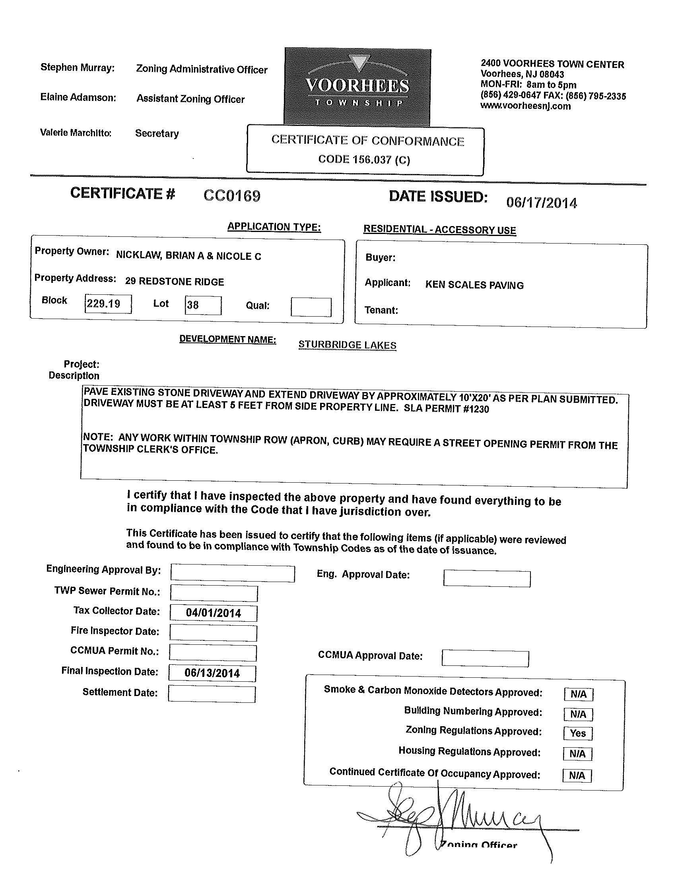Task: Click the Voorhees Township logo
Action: tap(357, 87)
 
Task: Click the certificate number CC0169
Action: tap(232, 196)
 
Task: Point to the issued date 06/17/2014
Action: tap(542, 203)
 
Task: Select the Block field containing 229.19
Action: tap(108, 304)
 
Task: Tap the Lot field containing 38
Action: tap(203, 306)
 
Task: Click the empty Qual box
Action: tap(311, 307)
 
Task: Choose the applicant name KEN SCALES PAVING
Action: tap(474, 285)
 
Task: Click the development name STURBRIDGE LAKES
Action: tap(347, 345)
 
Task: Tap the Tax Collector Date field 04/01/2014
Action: tap(214, 613)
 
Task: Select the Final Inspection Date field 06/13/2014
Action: tap(212, 673)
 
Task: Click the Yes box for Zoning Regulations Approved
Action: tap(578, 733)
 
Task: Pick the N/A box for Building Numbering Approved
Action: tap(578, 714)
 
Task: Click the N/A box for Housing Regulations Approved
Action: tap(577, 754)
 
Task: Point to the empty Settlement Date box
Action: tap(212, 694)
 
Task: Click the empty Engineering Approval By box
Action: tap(232, 572)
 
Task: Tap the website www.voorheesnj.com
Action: tap(525, 106)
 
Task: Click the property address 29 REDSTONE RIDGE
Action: tap(174, 281)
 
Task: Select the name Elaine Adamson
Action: tap(78, 97)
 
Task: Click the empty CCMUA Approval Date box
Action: tap(485, 658)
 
